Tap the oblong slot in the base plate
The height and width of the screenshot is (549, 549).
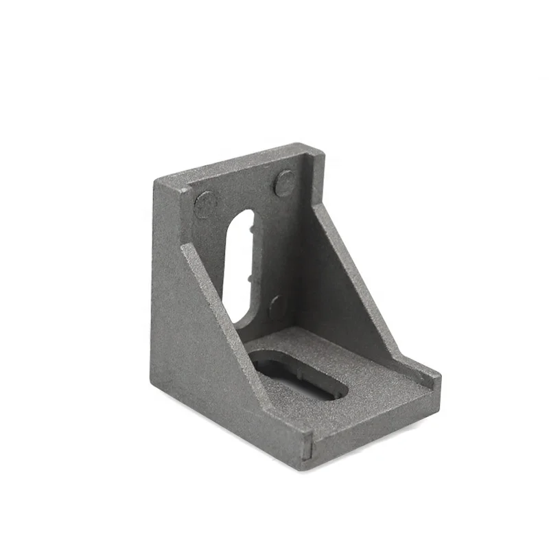point(299,373)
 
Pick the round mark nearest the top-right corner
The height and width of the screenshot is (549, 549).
point(285,183)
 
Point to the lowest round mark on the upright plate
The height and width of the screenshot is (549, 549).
point(278,305)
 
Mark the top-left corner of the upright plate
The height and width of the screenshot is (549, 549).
point(156,180)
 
